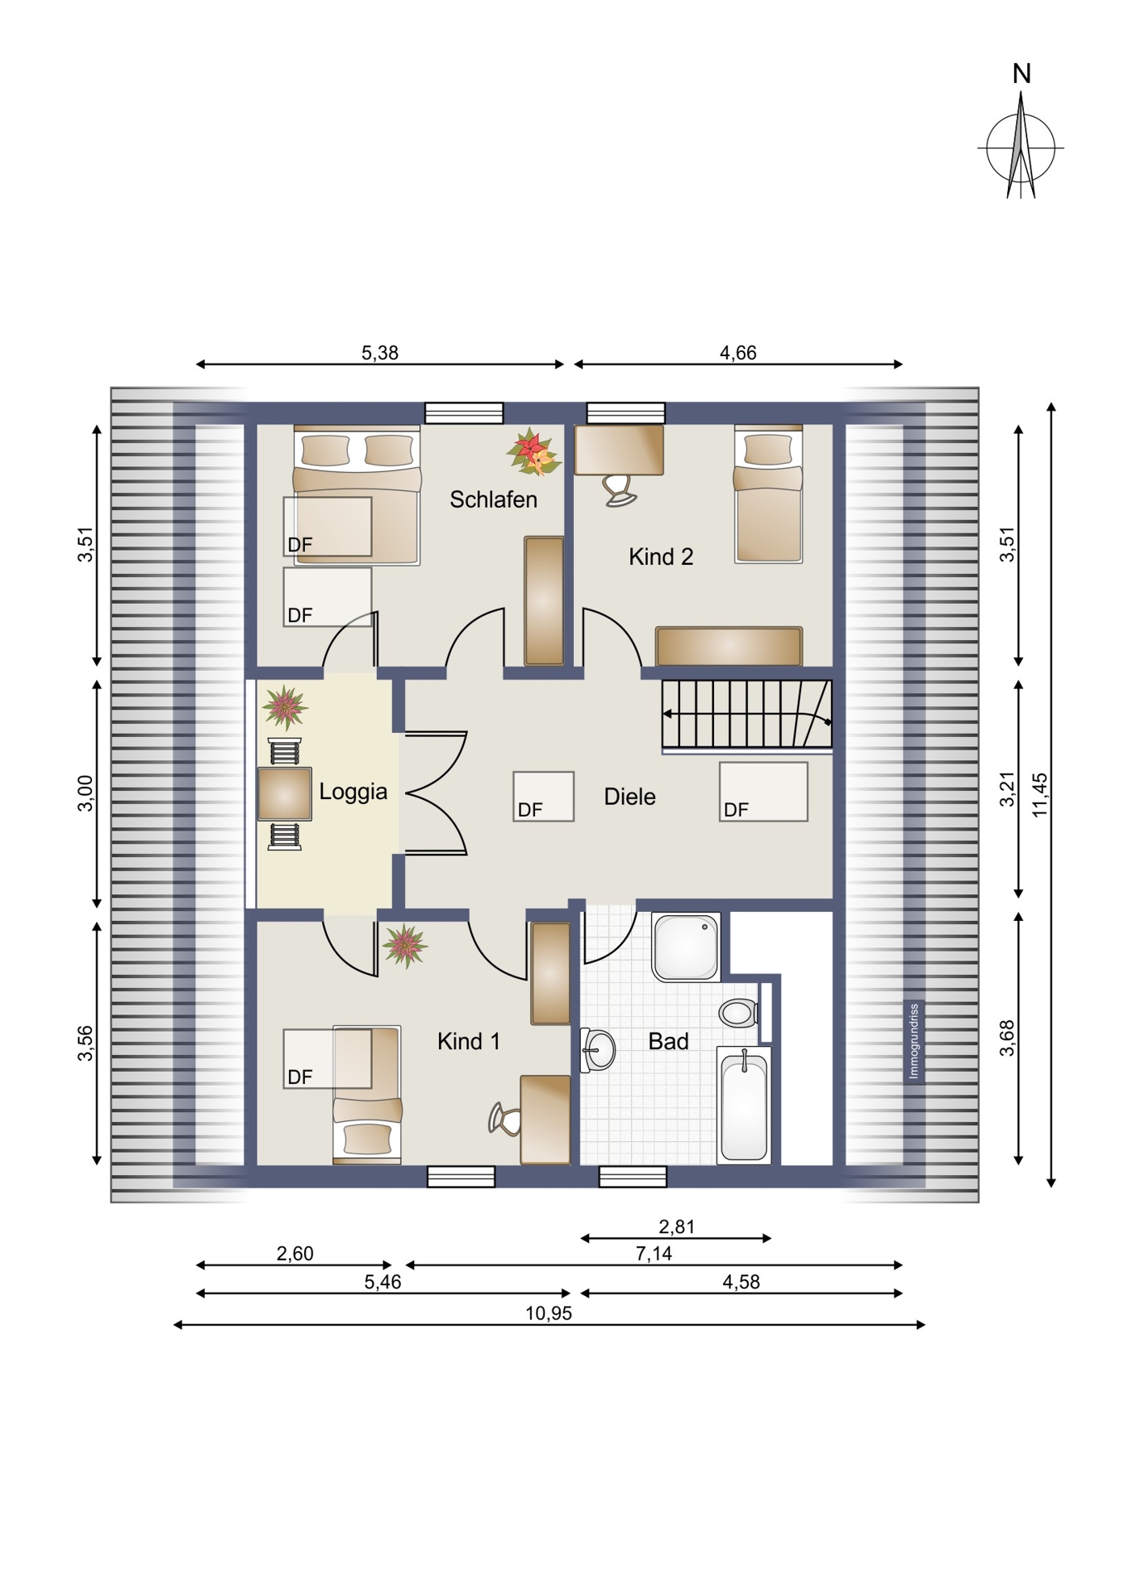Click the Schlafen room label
pyautogui.click(x=493, y=499)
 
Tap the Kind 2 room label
pyautogui.click(x=660, y=556)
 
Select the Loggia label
pyautogui.click(x=353, y=792)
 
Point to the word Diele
pyautogui.click(x=630, y=797)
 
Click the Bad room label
pyautogui.click(x=668, y=1041)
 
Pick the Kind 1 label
pyautogui.click(x=468, y=1041)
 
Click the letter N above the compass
pyautogui.click(x=1021, y=74)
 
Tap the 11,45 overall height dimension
pyautogui.click(x=1040, y=795)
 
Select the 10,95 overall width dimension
pyautogui.click(x=548, y=1313)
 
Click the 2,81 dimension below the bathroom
pyautogui.click(x=677, y=1226)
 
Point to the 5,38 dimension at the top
pyautogui.click(x=379, y=353)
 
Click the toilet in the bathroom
pyautogui.click(x=737, y=1012)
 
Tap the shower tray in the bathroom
pyautogui.click(x=686, y=947)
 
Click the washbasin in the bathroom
pyautogui.click(x=598, y=1050)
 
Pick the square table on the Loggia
pyautogui.click(x=284, y=794)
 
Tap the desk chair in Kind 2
pyautogui.click(x=619, y=489)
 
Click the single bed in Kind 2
pyautogui.click(x=769, y=494)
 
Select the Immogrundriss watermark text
pyautogui.click(x=914, y=1042)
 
